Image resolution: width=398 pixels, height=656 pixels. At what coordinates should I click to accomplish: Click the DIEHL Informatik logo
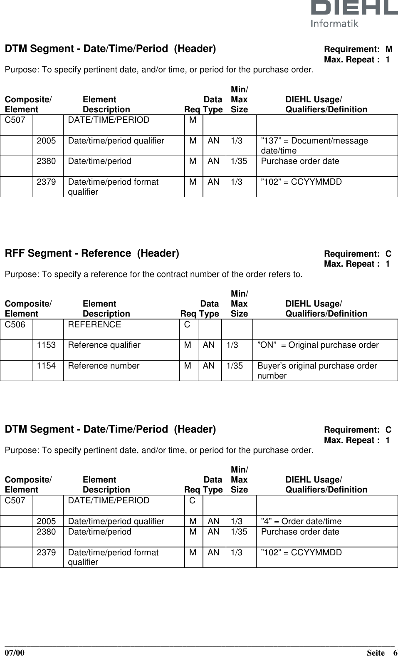pos(354,13)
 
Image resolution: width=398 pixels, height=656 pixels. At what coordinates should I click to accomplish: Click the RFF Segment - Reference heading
pos(92,253)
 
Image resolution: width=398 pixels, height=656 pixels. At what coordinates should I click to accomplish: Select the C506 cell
pos(15,324)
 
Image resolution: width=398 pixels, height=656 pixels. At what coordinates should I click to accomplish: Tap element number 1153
pos(46,345)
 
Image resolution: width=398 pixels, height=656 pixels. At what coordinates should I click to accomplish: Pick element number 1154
pos(46,366)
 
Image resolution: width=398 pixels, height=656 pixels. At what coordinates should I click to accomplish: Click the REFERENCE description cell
pos(94,324)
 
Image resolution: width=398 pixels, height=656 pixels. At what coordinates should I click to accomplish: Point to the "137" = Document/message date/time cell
pos(314,145)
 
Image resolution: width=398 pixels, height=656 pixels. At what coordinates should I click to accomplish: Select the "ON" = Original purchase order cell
pos(318,345)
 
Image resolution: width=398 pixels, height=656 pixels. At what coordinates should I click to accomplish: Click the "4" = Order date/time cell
pos(301,521)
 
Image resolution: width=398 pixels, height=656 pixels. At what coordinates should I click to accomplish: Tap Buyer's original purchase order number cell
pos(317,370)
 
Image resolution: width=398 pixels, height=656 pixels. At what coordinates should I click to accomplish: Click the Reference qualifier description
pos(104,345)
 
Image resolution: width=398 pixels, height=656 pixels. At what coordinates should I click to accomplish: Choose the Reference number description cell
pos(104,366)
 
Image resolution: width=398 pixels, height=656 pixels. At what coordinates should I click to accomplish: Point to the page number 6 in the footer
pos(395,652)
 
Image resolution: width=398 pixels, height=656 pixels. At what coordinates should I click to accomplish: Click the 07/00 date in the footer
pos(15,652)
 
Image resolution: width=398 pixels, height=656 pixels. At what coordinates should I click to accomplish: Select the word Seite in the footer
pos(376,652)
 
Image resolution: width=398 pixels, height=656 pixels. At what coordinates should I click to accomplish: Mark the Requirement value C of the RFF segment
pos(388,254)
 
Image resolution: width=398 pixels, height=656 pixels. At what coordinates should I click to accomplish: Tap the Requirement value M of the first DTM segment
pos(389,50)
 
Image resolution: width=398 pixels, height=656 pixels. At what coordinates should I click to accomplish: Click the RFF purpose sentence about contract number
pos(153,274)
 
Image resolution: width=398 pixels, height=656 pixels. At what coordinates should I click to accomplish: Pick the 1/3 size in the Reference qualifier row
pos(232,345)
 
